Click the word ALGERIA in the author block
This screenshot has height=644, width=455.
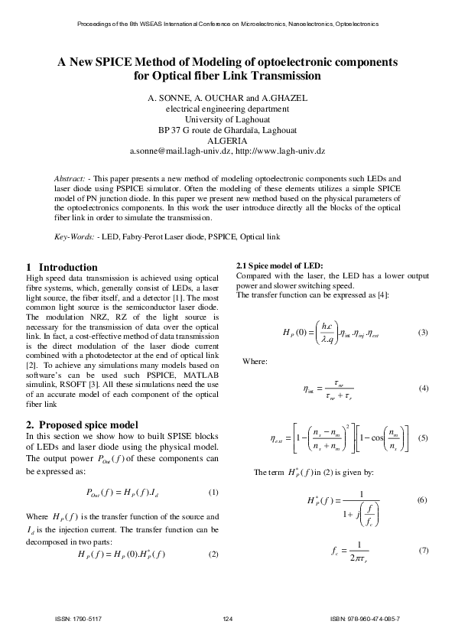coord(227,141)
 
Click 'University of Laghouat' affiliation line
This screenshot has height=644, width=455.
coord(227,119)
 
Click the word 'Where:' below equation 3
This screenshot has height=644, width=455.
coord(255,360)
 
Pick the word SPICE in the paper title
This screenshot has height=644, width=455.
coord(124,61)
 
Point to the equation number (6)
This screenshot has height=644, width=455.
coord(421,500)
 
